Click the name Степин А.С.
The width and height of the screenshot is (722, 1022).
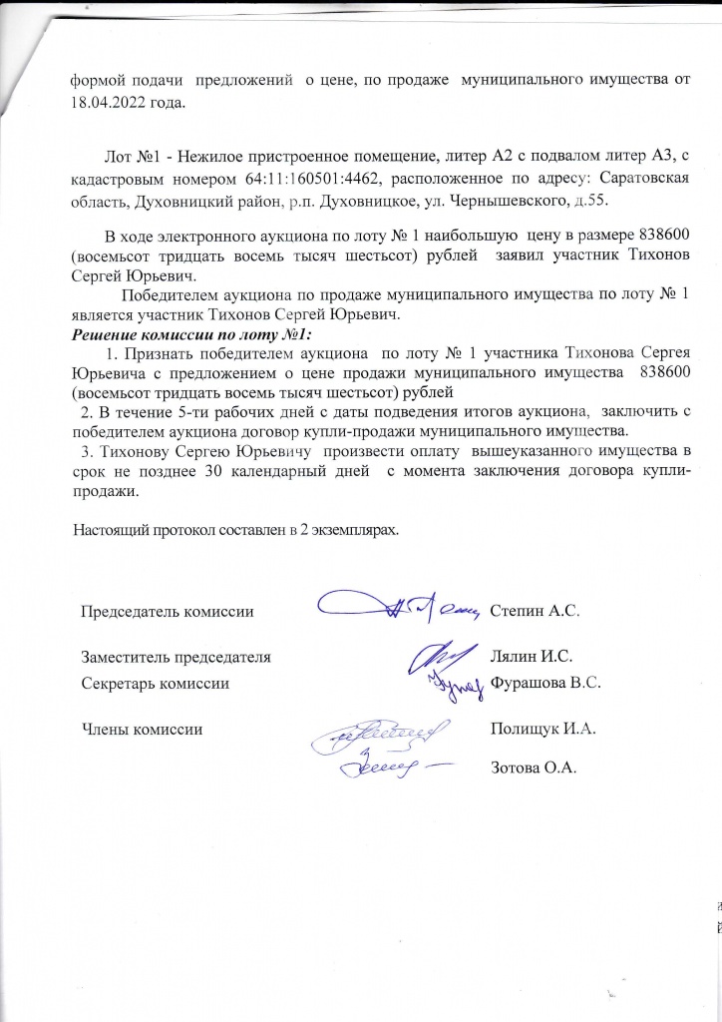pos(536,609)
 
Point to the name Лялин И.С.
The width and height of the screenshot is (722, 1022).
pos(531,656)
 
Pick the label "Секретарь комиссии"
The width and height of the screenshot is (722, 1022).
pos(155,684)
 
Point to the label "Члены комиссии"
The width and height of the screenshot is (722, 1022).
pos(142,730)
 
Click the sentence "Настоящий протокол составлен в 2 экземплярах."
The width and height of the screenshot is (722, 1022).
pos(237,529)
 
